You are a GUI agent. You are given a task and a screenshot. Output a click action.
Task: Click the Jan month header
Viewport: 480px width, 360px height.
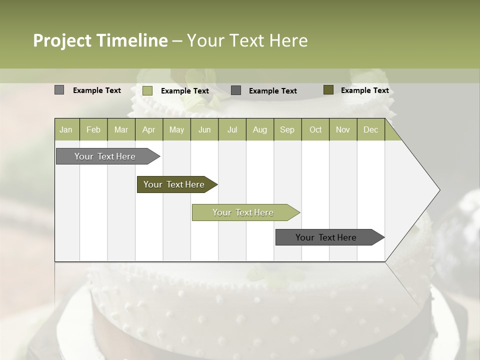pyautogui.click(x=66, y=129)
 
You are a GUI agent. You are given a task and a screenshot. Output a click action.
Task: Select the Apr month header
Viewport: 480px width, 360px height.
pyautogui.click(x=149, y=129)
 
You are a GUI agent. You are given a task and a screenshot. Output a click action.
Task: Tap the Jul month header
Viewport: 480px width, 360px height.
pyautogui.click(x=232, y=129)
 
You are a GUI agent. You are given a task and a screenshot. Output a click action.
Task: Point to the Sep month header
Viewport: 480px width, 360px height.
pyautogui.click(x=287, y=129)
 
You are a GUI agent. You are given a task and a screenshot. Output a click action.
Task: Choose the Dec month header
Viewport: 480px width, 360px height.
pyautogui.click(x=370, y=129)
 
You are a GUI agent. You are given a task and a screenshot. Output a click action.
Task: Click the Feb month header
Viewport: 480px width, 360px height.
pyautogui.click(x=93, y=129)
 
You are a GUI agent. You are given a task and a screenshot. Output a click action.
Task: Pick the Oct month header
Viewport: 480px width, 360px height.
pyautogui.click(x=315, y=129)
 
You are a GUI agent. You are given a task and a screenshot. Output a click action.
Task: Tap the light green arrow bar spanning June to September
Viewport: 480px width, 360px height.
pyautogui.click(x=243, y=212)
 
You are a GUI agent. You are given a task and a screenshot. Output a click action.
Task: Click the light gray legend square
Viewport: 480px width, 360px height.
pyautogui.click(x=59, y=90)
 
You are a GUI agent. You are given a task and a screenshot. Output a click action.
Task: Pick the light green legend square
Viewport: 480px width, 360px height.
pyautogui.click(x=147, y=90)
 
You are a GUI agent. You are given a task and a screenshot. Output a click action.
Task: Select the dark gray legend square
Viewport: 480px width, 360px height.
pyautogui.click(x=236, y=90)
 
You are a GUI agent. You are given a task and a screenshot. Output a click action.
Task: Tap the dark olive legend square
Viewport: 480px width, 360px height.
pyautogui.click(x=328, y=90)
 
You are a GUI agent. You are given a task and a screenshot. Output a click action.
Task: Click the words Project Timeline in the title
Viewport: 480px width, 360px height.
pyautogui.click(x=100, y=40)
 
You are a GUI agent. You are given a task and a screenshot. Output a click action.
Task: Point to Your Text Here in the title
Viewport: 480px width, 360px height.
pyautogui.click(x=247, y=40)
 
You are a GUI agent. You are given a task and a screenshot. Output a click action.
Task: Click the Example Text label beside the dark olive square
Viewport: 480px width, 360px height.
pyautogui.click(x=364, y=90)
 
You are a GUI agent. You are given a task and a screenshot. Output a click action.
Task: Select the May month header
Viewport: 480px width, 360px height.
pyautogui.click(x=176, y=129)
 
